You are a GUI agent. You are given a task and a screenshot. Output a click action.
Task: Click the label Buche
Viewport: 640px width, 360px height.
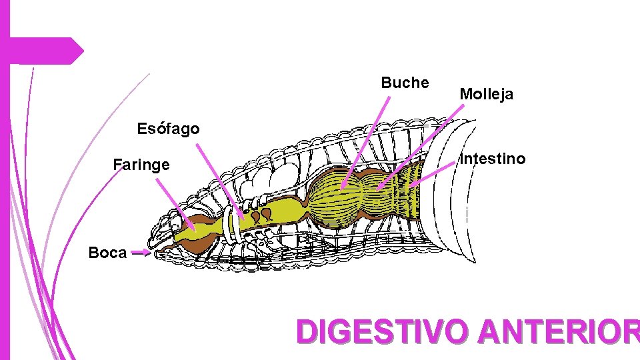pyautogui.click(x=405, y=83)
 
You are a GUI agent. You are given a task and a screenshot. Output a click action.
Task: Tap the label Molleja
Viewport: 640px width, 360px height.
pyautogui.click(x=486, y=95)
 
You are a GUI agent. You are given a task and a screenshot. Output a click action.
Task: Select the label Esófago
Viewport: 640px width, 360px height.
pyautogui.click(x=168, y=129)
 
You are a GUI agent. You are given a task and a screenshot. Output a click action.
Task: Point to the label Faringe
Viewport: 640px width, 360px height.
pyautogui.click(x=141, y=165)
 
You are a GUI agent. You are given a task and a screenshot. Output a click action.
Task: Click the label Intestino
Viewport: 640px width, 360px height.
pyautogui.click(x=493, y=159)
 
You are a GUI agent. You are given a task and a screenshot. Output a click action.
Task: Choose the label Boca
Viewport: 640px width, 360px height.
pyautogui.click(x=107, y=253)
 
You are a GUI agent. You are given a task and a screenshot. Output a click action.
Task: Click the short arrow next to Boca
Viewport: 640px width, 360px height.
pyautogui.click(x=141, y=253)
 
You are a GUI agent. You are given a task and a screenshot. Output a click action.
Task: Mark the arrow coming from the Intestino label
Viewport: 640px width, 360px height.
pyautogui.click(x=433, y=172)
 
